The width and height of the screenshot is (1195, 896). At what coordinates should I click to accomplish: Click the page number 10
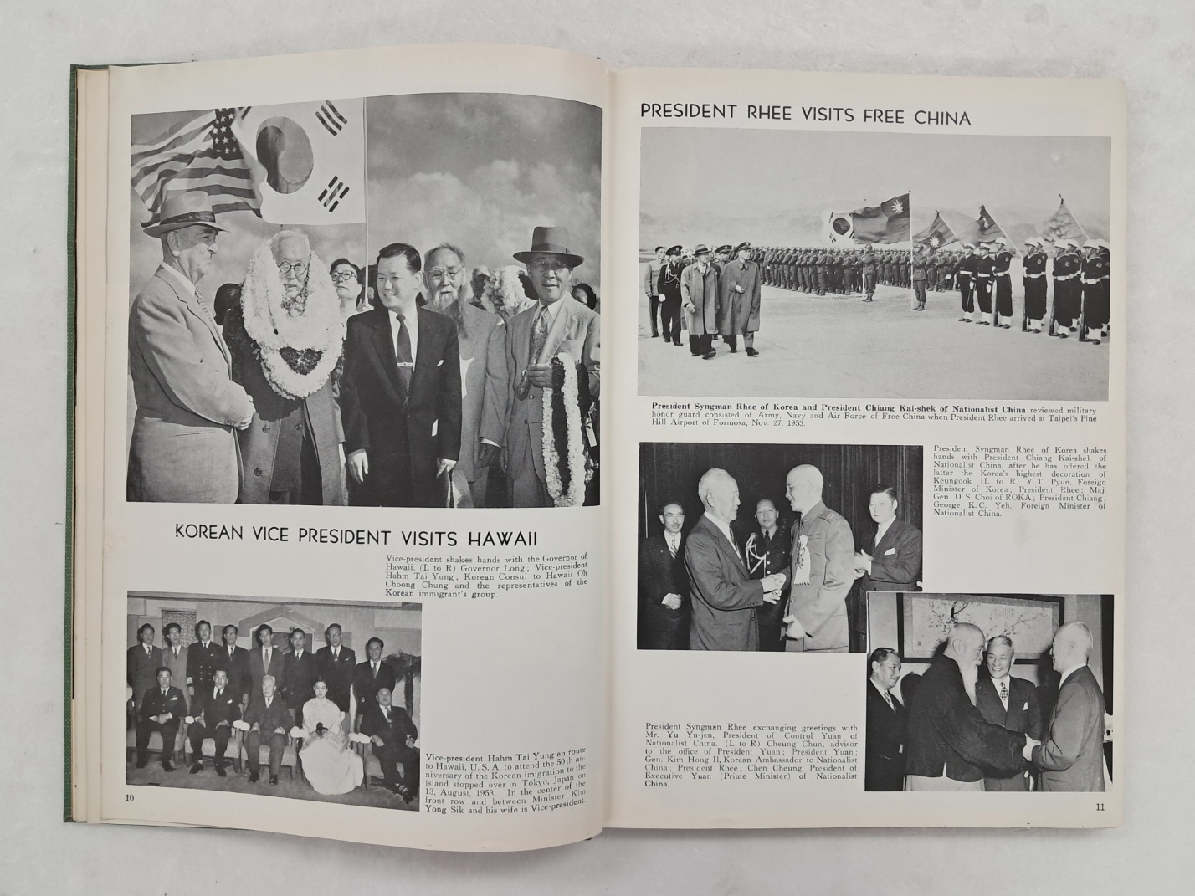130,797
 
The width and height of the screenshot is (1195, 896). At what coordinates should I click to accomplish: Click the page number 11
1100,806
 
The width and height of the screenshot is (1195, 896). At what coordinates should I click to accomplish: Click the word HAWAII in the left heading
499,535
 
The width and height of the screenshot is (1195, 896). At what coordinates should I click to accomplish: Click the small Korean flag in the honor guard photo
839,223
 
